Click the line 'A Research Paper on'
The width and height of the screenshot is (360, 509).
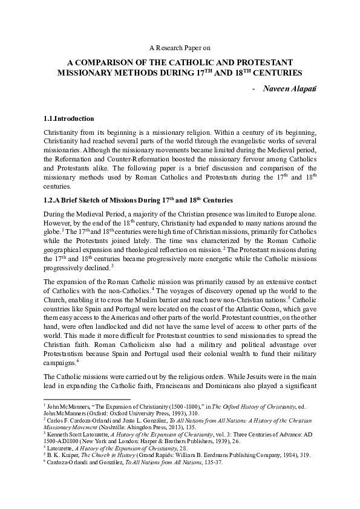pos(180,47)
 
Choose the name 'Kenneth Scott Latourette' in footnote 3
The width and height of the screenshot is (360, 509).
pos(74,433)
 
